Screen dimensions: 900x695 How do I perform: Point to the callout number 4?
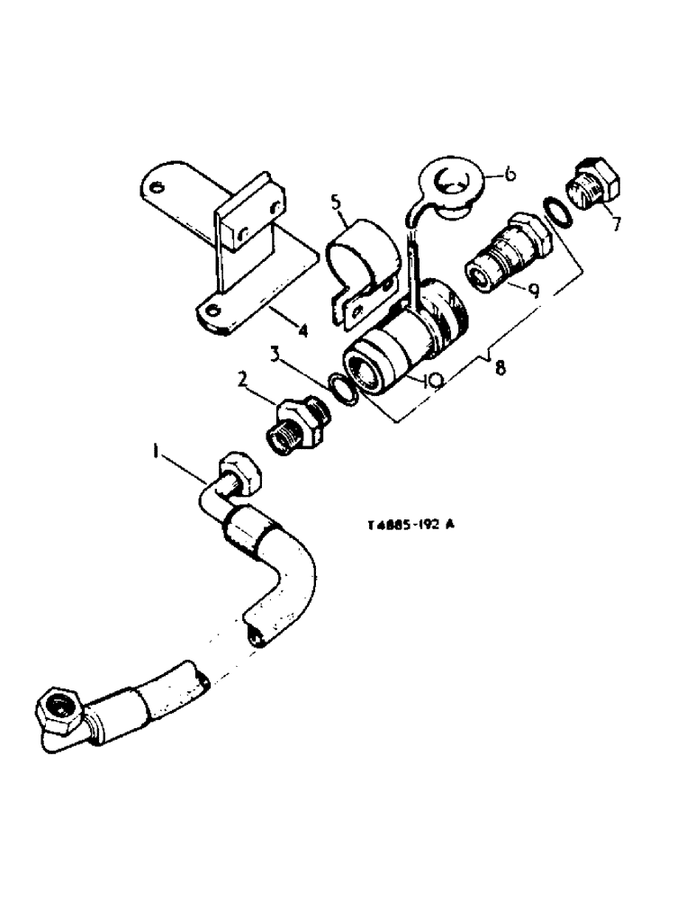click(303, 332)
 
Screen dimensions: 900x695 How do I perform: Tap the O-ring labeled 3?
click(341, 389)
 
